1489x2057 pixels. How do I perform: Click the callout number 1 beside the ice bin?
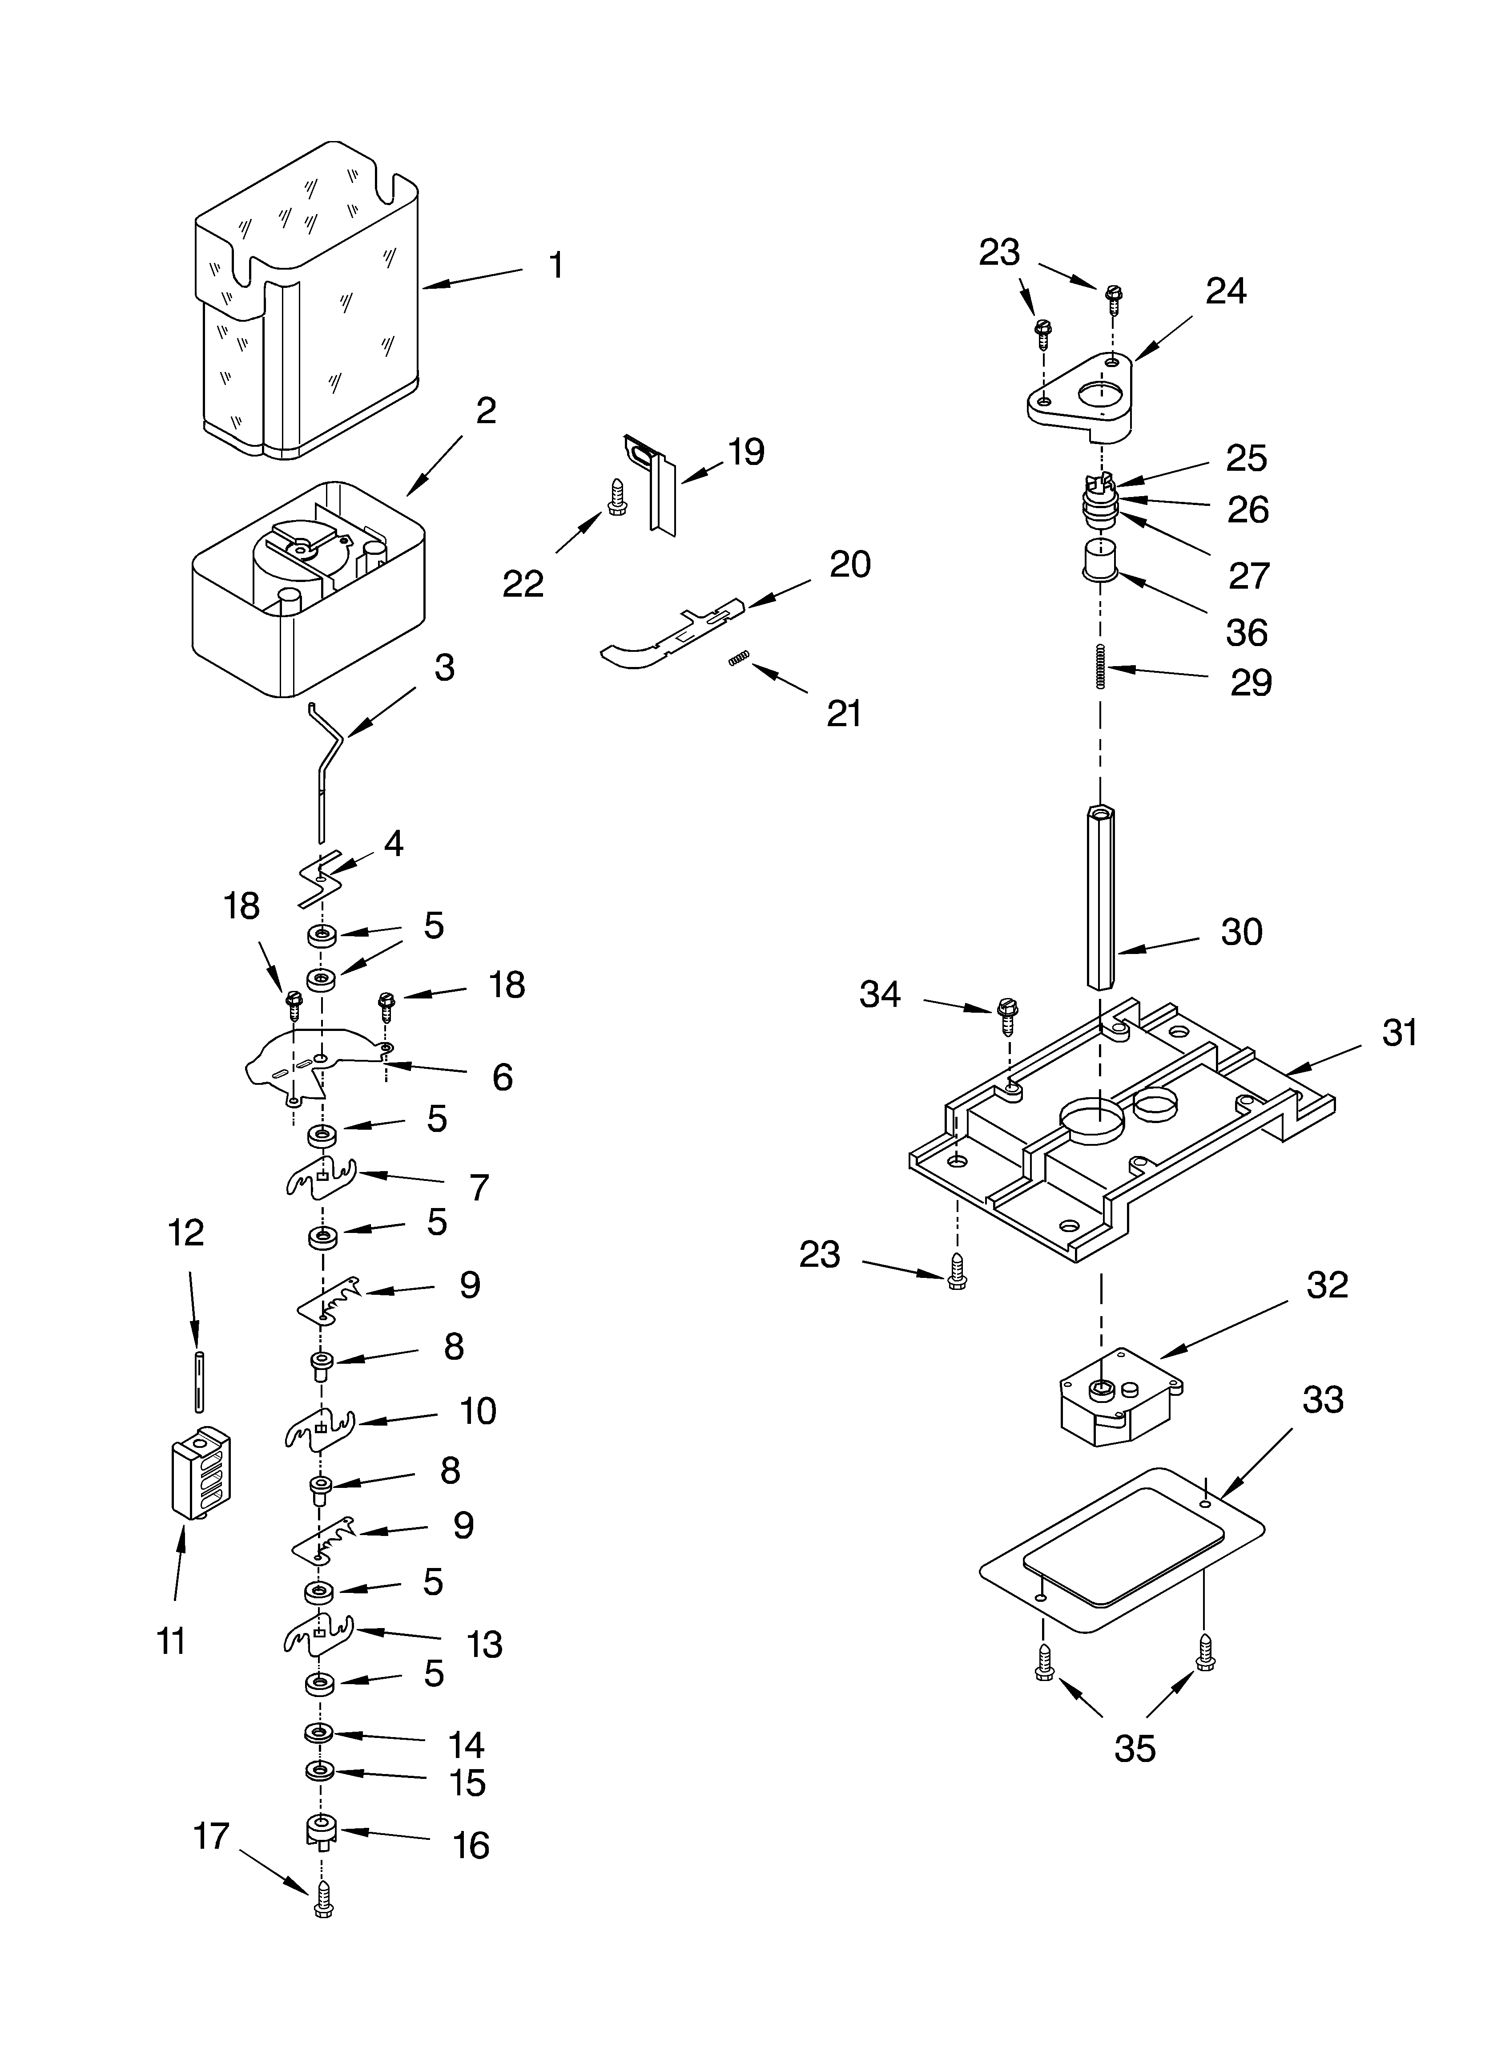[x=556, y=266]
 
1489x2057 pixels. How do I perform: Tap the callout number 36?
[x=1246, y=632]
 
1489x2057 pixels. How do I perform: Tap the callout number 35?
[x=1135, y=1748]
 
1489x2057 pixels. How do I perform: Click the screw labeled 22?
[x=616, y=498]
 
